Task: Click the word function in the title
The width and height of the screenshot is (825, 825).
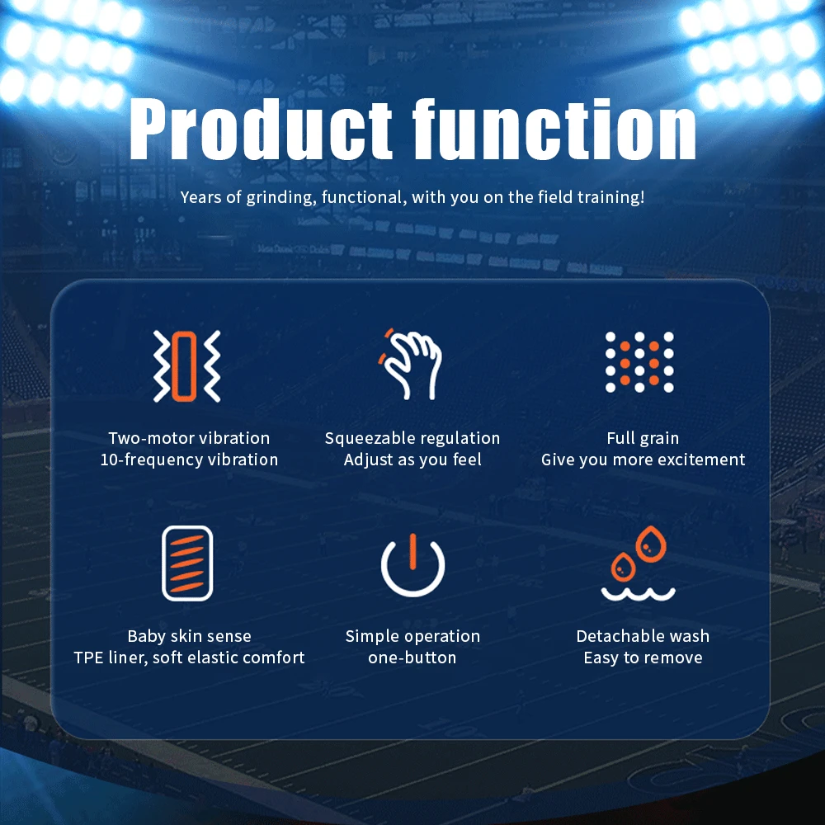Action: tap(554, 130)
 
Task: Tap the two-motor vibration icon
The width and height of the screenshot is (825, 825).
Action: tap(186, 366)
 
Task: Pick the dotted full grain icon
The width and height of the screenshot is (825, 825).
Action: tap(639, 362)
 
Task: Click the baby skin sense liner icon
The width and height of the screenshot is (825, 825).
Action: tap(187, 563)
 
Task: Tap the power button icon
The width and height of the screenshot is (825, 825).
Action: tap(413, 565)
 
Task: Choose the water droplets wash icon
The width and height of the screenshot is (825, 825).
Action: tap(639, 563)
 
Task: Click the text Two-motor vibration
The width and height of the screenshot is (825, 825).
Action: tap(189, 438)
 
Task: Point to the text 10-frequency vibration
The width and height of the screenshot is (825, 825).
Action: tap(189, 460)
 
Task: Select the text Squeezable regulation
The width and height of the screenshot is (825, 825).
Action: tap(412, 438)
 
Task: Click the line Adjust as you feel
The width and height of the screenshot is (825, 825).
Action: tap(412, 460)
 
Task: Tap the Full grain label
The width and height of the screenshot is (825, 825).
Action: tap(643, 438)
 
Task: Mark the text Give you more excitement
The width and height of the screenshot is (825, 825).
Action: tap(643, 460)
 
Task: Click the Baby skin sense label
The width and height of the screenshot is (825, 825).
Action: tap(190, 636)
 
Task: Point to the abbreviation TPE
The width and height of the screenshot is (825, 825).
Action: tap(87, 658)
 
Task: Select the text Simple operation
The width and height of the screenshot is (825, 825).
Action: tap(412, 636)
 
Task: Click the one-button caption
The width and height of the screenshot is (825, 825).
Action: tap(412, 658)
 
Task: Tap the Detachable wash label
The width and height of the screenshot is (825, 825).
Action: tap(643, 636)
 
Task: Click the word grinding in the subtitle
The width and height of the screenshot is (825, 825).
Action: tap(281, 197)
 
